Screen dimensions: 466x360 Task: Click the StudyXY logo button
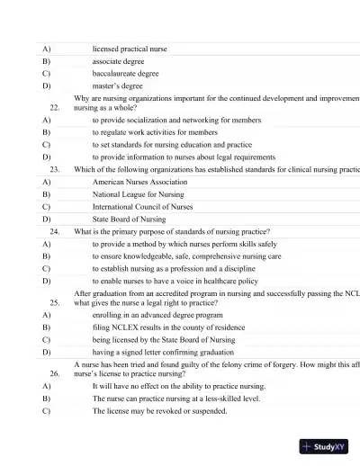coord(325,444)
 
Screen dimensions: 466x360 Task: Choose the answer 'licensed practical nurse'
coord(130,49)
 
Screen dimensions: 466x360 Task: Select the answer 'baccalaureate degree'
coord(126,74)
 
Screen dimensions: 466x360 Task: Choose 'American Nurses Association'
coord(139,181)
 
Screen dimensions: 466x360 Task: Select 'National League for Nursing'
coord(138,193)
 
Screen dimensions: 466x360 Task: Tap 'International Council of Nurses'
coord(143,206)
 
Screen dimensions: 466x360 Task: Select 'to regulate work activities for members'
coord(155,131)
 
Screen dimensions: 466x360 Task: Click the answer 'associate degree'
coord(118,61)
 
